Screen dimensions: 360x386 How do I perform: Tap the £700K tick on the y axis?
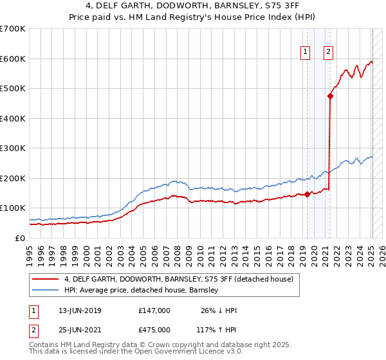tap(13, 29)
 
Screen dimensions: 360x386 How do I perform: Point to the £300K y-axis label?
tap(13, 148)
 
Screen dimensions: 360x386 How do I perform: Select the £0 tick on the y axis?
tap(21, 238)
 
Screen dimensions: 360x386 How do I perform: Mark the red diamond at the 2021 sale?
tap(330, 96)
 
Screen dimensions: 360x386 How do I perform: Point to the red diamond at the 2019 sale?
tap(307, 194)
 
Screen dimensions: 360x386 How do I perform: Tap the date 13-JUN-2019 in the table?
tap(80, 310)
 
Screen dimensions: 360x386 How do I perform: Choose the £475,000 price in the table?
tap(154, 329)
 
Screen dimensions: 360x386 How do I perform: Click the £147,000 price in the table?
tap(154, 310)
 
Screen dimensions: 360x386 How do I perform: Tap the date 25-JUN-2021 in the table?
tap(80, 329)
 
